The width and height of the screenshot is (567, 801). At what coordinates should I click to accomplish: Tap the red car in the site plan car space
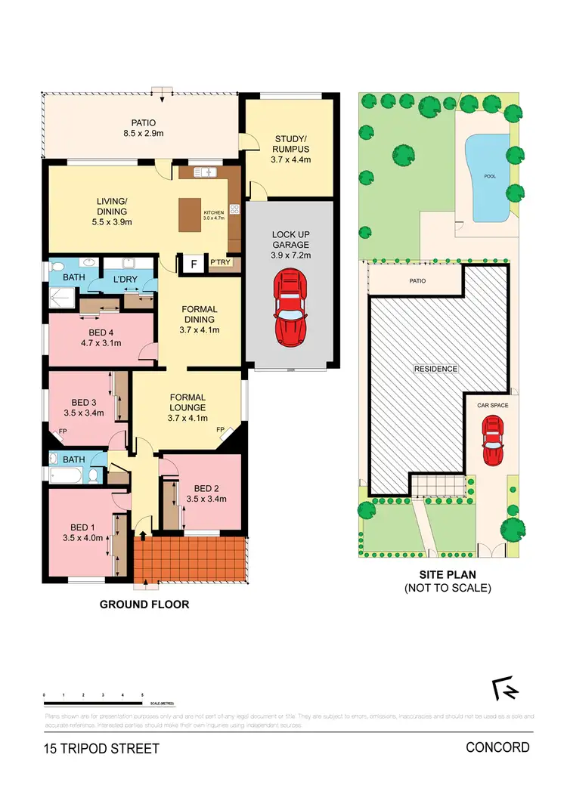493,443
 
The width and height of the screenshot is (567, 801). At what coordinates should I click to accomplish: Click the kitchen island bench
191,214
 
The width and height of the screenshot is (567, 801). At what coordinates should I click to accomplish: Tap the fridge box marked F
194,264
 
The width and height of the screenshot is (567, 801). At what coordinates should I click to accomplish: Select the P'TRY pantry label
221,263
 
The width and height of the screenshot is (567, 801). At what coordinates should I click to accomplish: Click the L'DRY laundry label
124,280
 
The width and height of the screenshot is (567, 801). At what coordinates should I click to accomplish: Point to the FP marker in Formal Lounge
222,430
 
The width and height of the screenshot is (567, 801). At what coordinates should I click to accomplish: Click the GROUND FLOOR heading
144,605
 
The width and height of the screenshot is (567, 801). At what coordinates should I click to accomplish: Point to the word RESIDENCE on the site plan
435,369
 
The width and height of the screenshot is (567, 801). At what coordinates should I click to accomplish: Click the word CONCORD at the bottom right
497,748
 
